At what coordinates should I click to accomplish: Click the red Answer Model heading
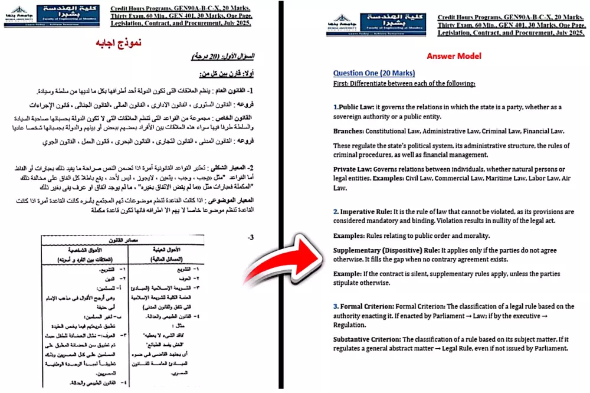coord(454,56)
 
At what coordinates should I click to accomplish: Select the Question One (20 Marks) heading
coord(373,73)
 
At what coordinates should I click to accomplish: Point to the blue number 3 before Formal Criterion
coord(335,306)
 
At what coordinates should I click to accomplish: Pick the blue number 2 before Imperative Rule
coord(335,211)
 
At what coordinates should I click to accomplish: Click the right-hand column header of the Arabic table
coord(167,255)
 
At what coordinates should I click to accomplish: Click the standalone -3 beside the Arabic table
coord(251,237)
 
